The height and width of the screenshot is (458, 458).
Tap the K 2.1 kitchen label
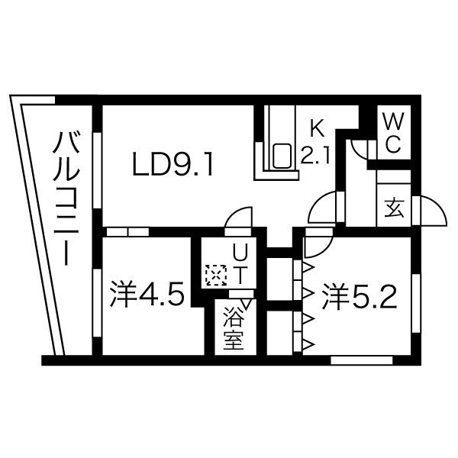(314, 143)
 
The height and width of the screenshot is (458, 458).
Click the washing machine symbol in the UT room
(216, 273)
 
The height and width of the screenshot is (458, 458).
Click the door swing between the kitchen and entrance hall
(322, 206)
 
